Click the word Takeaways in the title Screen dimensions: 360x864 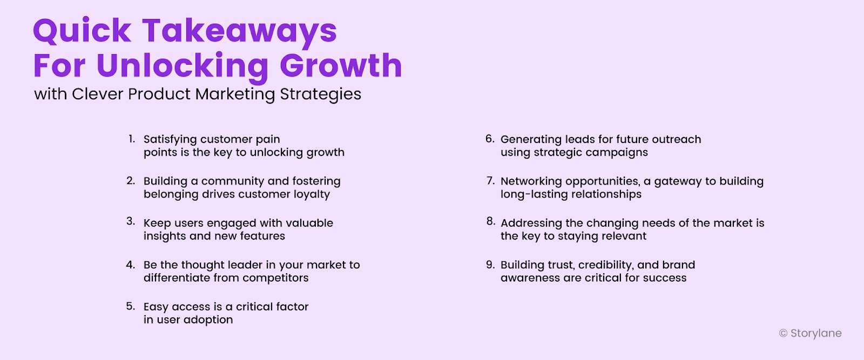point(239,31)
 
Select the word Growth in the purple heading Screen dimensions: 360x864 point(341,66)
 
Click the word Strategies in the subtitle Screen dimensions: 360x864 point(320,94)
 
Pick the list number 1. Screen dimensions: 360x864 point(131,139)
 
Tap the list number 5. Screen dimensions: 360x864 point(131,307)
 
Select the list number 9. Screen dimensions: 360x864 point(490,264)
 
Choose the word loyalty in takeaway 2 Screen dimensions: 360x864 point(312,194)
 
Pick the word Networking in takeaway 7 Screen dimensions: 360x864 point(531,181)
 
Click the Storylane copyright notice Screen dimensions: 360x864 point(810,334)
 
